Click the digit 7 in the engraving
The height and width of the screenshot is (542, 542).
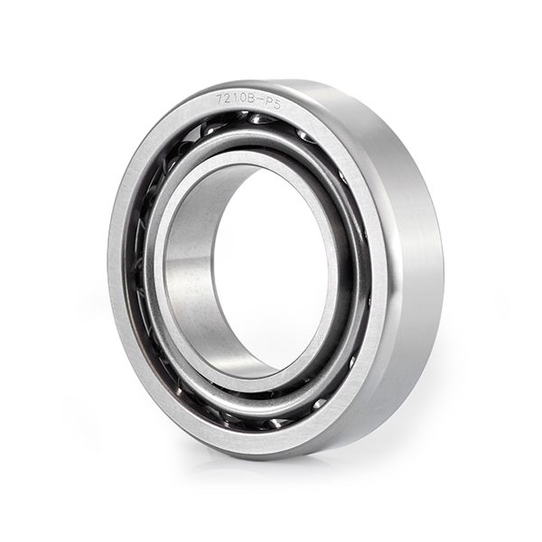pos(220,98)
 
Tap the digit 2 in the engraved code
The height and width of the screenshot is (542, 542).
pos(229,99)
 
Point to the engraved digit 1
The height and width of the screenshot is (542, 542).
pos(236,99)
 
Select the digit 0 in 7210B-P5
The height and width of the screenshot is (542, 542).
pos(243,100)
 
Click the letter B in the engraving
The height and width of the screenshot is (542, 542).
pos(252,101)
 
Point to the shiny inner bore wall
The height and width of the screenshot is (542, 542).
pos(190,276)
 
